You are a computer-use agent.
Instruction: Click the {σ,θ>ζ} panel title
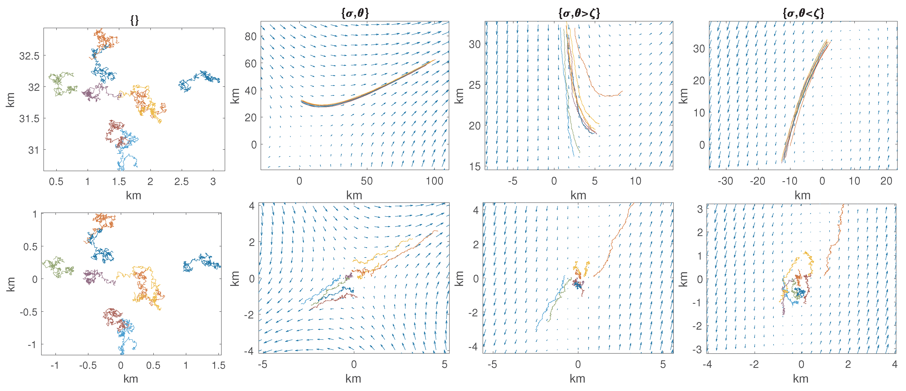click(579, 13)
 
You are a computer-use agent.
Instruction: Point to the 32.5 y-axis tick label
click(29, 56)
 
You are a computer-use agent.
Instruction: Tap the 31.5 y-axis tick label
click(29, 119)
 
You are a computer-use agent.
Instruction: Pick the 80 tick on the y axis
click(250, 37)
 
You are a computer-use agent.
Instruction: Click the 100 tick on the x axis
click(434, 181)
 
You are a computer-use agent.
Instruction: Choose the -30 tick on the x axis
click(725, 181)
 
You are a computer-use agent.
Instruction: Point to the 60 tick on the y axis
click(250, 64)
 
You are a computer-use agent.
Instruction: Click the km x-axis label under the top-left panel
click(134, 195)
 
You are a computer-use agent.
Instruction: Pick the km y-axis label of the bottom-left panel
click(11, 284)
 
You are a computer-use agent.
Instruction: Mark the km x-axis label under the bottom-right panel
click(801, 379)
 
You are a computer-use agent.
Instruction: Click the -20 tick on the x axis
click(757, 181)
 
